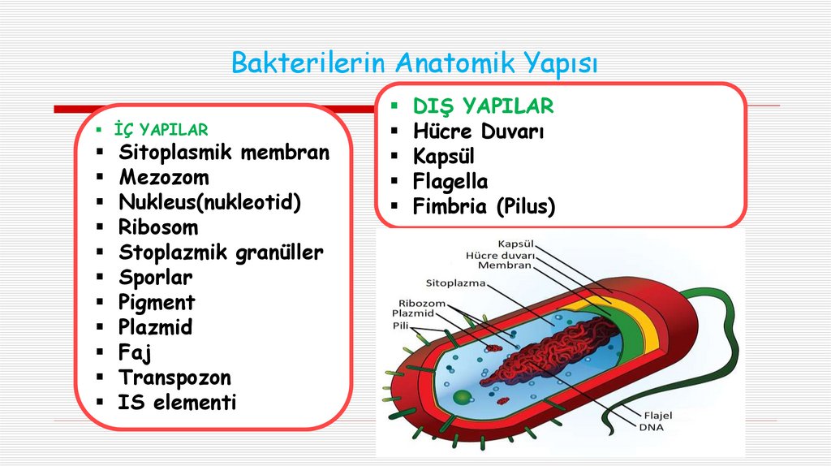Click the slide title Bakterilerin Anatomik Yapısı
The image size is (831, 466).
point(414,63)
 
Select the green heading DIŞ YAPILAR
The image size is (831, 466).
point(483,106)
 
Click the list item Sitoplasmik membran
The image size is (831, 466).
point(224,153)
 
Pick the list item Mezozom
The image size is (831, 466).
point(164,177)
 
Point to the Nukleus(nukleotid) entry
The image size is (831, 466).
point(210,202)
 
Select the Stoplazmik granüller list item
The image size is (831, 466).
point(221,252)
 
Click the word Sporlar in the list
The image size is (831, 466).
point(156,278)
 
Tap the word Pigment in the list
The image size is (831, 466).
point(157,303)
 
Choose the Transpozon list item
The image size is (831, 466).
point(175,378)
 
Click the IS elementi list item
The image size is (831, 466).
point(178,402)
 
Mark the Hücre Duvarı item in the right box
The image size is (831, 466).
point(479,132)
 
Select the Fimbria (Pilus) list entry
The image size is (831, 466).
point(484,207)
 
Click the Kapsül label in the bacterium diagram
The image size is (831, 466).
point(515,243)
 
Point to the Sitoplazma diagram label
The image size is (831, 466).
point(455,283)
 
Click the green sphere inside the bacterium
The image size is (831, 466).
point(462,397)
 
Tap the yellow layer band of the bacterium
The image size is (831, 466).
point(643,325)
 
